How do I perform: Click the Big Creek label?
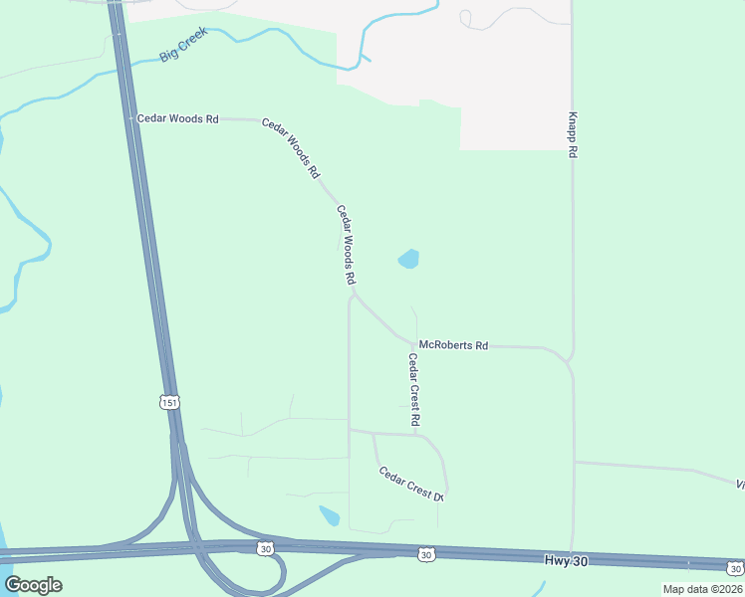pos(183,47)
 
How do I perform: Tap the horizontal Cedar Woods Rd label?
pos(177,118)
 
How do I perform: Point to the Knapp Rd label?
pos(574,134)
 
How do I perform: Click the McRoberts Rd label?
pos(453,345)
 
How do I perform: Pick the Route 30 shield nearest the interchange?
pos(264,548)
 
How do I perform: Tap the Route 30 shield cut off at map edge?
pos(734,568)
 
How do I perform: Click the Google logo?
pos(33,584)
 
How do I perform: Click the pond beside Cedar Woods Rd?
pos(408,260)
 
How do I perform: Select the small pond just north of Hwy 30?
pos(329,515)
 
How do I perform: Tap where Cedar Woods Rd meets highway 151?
pos(132,118)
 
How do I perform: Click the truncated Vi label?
pos(740,485)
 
